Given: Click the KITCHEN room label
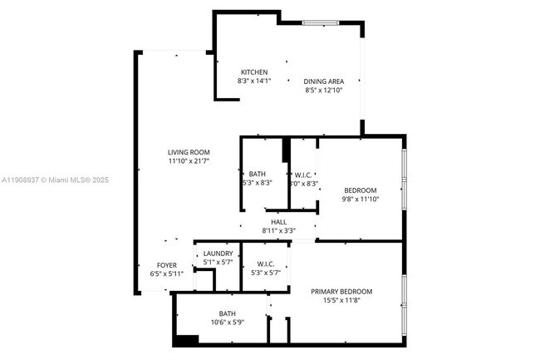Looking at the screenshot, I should click(x=254, y=72).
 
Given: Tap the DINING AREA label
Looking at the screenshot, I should click(x=323, y=80).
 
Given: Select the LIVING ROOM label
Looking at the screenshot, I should click(x=188, y=152).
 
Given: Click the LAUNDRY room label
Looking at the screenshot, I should click(x=218, y=254).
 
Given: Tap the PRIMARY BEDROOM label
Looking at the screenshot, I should click(x=341, y=291).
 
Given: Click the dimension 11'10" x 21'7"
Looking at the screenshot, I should click(x=188, y=161).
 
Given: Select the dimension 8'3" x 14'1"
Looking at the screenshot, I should click(x=254, y=81).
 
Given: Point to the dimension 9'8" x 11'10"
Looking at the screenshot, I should click(x=361, y=199).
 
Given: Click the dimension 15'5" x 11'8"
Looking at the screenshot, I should click(x=341, y=300).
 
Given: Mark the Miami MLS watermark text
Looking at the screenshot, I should click(x=54, y=180).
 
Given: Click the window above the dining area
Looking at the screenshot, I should click(x=317, y=23).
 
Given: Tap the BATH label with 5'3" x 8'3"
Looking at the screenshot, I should click(x=257, y=174).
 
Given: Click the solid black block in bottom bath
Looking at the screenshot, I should click(x=188, y=339).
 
